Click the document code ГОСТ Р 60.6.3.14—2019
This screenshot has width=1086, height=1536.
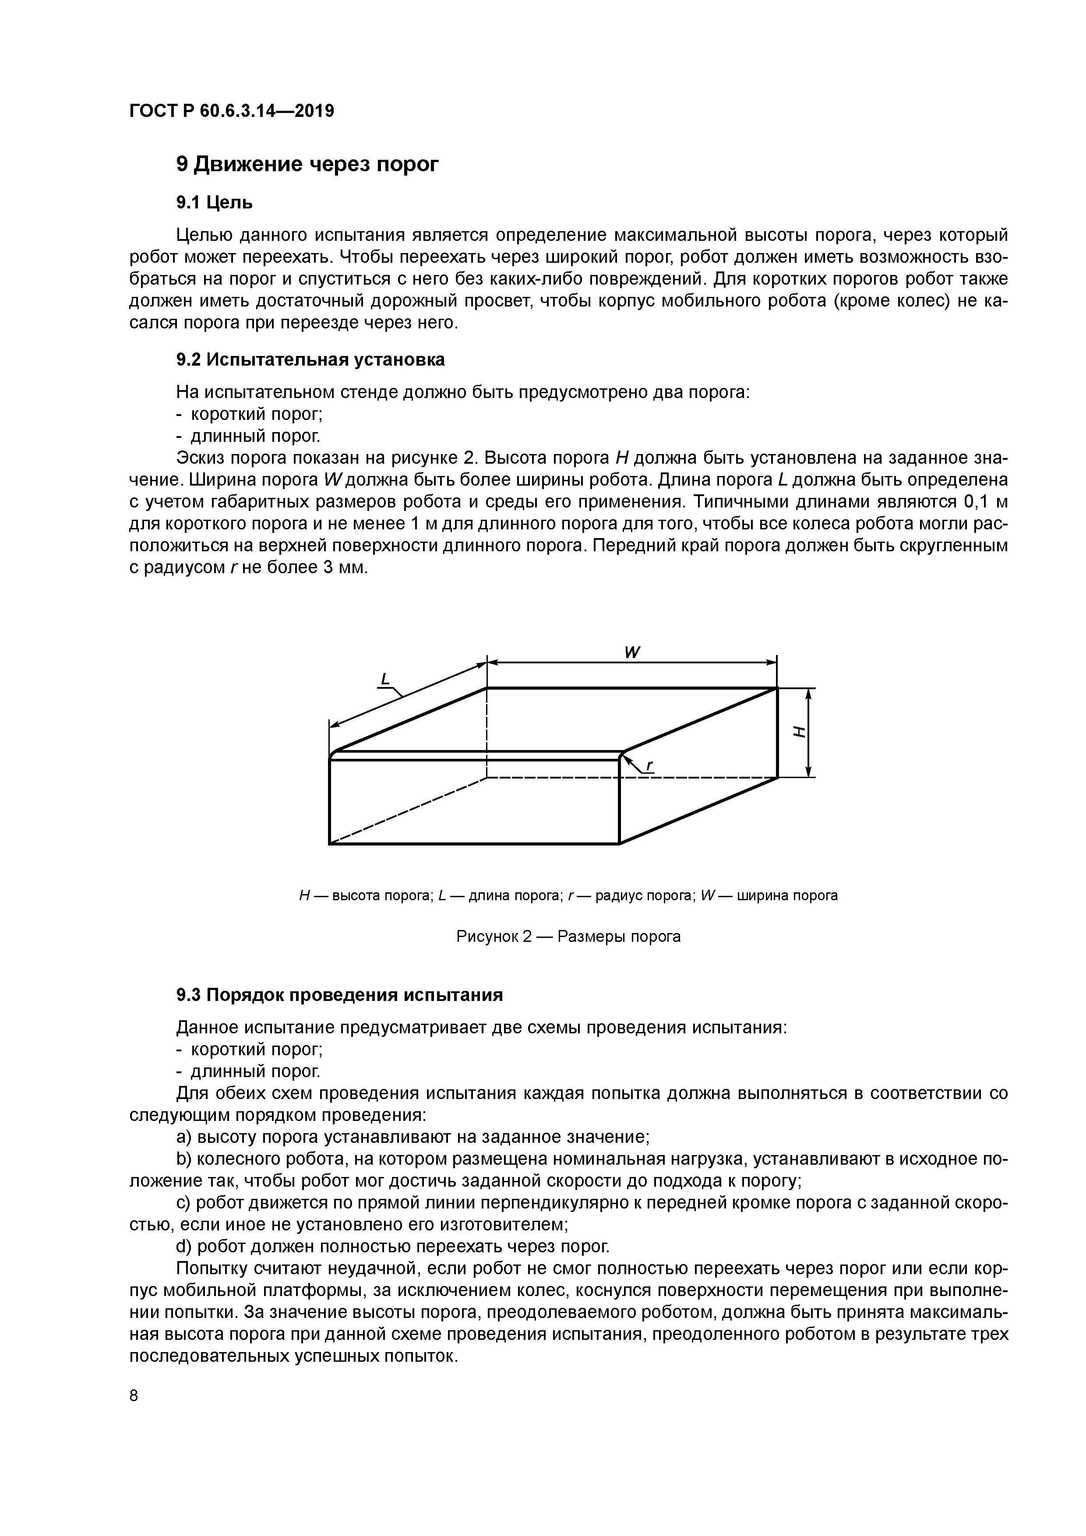tap(231, 111)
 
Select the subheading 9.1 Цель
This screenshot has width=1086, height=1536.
tap(214, 201)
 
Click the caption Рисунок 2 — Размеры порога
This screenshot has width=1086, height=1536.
tap(568, 937)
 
